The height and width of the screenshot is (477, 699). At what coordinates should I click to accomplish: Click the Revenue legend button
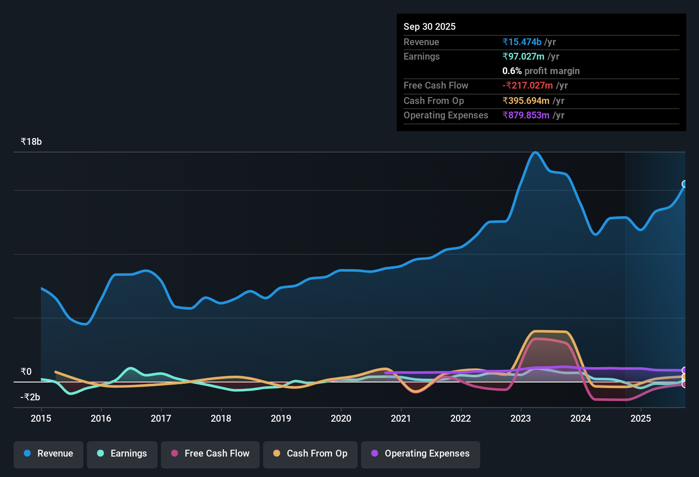[x=49, y=454]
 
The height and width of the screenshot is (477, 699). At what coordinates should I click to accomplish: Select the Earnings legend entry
[x=122, y=454]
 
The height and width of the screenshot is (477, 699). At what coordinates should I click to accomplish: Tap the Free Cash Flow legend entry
[x=210, y=454]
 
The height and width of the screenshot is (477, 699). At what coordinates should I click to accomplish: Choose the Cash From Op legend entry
[x=310, y=454]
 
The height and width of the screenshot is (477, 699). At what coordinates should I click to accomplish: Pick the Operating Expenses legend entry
[x=421, y=454]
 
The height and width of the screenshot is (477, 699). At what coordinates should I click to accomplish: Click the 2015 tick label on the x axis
[x=41, y=418]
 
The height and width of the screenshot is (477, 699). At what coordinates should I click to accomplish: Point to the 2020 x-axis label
[x=341, y=418]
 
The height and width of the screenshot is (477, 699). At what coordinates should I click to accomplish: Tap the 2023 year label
[x=521, y=418]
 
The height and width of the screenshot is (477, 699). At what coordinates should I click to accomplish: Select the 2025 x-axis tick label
[x=641, y=418]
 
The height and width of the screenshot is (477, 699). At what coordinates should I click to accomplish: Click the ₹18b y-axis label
[x=31, y=142]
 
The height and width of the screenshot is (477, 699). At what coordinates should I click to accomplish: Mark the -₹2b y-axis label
[x=30, y=397]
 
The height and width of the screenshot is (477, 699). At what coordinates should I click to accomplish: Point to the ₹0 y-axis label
[x=26, y=372]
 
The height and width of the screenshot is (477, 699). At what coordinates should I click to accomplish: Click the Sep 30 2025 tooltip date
[x=430, y=26]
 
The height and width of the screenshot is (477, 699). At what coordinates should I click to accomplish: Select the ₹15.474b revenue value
[x=522, y=42]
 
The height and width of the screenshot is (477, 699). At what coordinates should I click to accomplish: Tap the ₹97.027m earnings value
[x=523, y=56]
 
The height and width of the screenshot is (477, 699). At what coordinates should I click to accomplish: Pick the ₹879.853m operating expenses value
[x=526, y=115]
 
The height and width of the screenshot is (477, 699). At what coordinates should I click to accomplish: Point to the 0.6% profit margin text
[x=541, y=71]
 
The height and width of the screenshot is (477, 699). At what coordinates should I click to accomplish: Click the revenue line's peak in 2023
[x=535, y=152]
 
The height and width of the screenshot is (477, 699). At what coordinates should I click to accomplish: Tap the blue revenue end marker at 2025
[x=685, y=184]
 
